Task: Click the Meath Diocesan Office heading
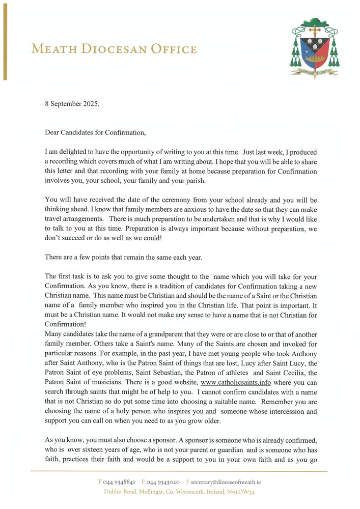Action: [114, 49]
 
